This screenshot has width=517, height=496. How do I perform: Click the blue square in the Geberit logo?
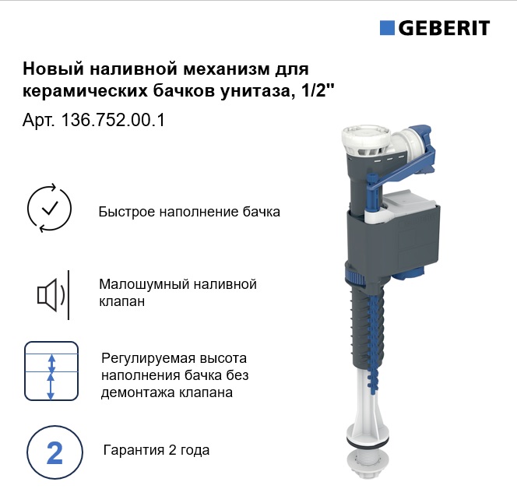[x=387, y=28]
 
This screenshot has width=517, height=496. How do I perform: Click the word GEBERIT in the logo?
[x=444, y=28]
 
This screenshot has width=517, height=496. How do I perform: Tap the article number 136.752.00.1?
[x=113, y=120]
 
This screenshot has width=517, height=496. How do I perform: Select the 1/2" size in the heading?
[x=316, y=90]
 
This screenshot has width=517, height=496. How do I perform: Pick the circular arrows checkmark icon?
[x=49, y=209]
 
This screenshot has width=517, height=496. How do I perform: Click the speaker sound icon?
[x=54, y=294]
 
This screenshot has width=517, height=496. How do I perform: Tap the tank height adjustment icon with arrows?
[x=51, y=371]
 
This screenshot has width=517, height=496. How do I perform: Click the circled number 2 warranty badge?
[x=55, y=452]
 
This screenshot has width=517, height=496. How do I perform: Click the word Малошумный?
[x=143, y=284]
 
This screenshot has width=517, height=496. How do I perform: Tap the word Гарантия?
[x=134, y=450]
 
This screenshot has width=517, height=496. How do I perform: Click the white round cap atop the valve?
[x=366, y=139]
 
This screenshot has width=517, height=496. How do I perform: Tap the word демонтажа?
[x=138, y=393]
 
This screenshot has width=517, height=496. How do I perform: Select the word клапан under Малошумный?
[x=122, y=301]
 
